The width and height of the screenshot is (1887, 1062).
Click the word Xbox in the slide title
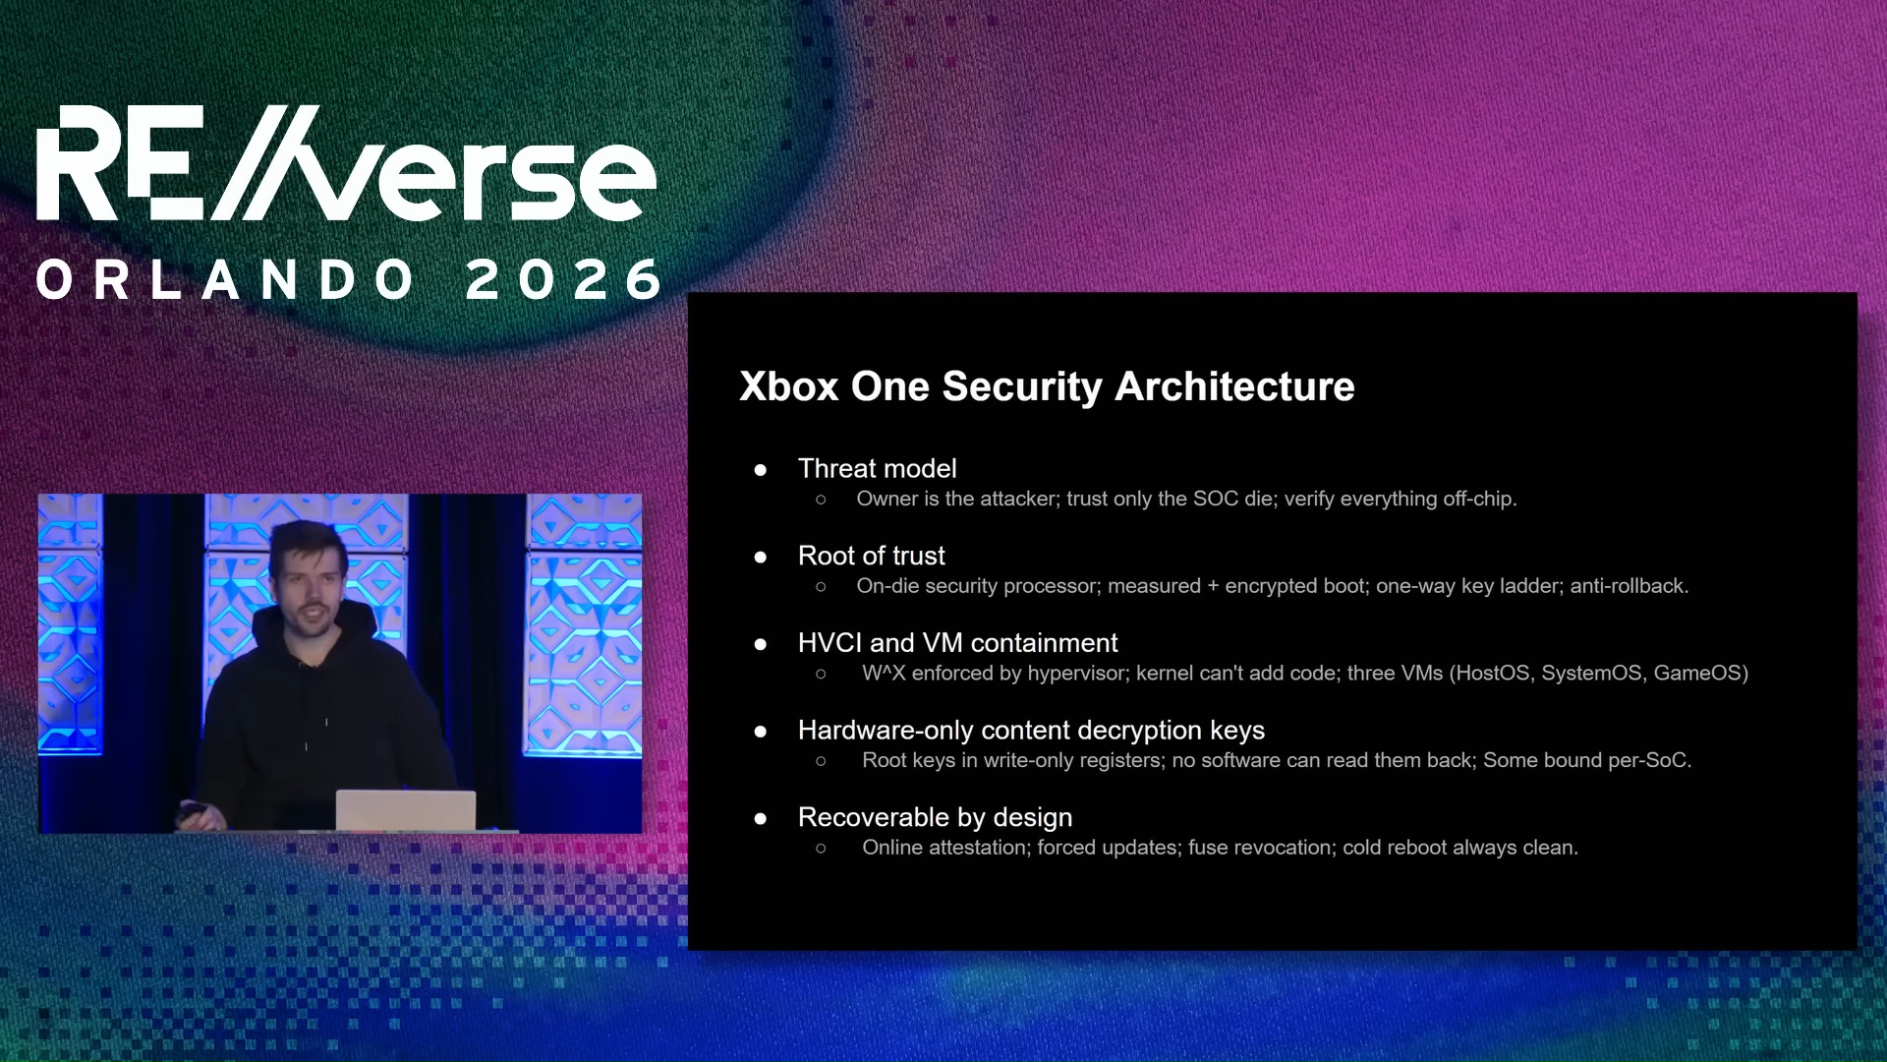coord(788,386)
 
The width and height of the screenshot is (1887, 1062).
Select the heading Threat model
coord(877,469)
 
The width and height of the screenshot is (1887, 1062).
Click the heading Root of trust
coord(871,556)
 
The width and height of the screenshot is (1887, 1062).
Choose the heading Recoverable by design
coord(934,817)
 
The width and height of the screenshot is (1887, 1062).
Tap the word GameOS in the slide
coord(1699,674)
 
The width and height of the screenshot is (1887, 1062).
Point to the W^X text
coord(883,674)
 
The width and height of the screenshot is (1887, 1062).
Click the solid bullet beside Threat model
coord(760,470)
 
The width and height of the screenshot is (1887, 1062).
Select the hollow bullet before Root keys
coord(821,761)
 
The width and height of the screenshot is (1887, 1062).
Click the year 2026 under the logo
coord(565,280)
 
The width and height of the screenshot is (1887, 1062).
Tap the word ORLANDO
coord(226,280)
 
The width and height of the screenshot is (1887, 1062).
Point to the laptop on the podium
coord(405,810)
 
